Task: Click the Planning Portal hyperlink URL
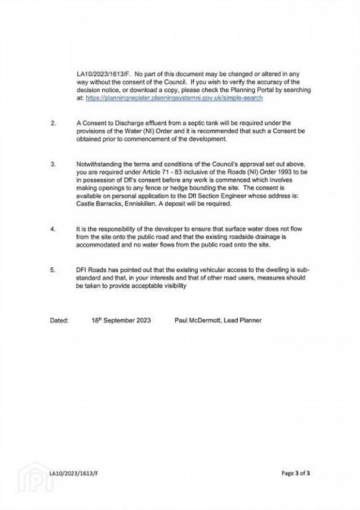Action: click(174, 98)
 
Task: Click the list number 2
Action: click(53, 123)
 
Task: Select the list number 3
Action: click(53, 164)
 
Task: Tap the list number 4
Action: click(53, 229)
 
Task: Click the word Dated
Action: click(59, 321)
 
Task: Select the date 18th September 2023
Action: click(121, 321)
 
